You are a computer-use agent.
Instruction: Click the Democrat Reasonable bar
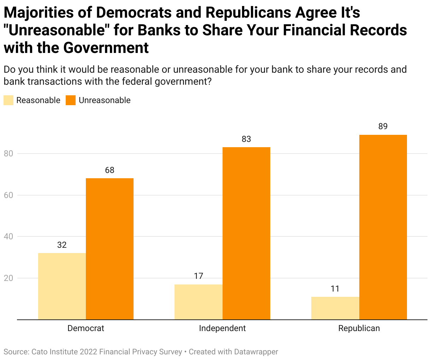tap(62, 286)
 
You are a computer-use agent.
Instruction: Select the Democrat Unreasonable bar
tap(110, 249)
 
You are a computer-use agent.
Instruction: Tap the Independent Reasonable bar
tap(199, 302)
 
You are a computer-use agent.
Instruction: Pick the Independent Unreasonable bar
tap(246, 233)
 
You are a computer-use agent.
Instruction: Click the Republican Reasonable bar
tap(335, 308)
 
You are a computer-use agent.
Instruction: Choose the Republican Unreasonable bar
tap(383, 227)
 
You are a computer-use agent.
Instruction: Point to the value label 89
tap(383, 126)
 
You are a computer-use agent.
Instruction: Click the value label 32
tap(62, 245)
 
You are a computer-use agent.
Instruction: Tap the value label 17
tap(199, 276)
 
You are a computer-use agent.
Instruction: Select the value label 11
tap(335, 289)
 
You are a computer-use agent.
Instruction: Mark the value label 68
tap(110, 170)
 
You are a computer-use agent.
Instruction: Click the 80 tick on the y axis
tap(8, 154)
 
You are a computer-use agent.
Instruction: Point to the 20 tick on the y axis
tap(8, 278)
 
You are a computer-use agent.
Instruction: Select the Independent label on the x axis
tap(222, 328)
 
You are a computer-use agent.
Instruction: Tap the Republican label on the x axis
tap(359, 328)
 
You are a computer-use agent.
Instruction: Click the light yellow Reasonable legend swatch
tap(8, 100)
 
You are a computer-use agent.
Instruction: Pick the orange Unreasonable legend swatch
tap(71, 100)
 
